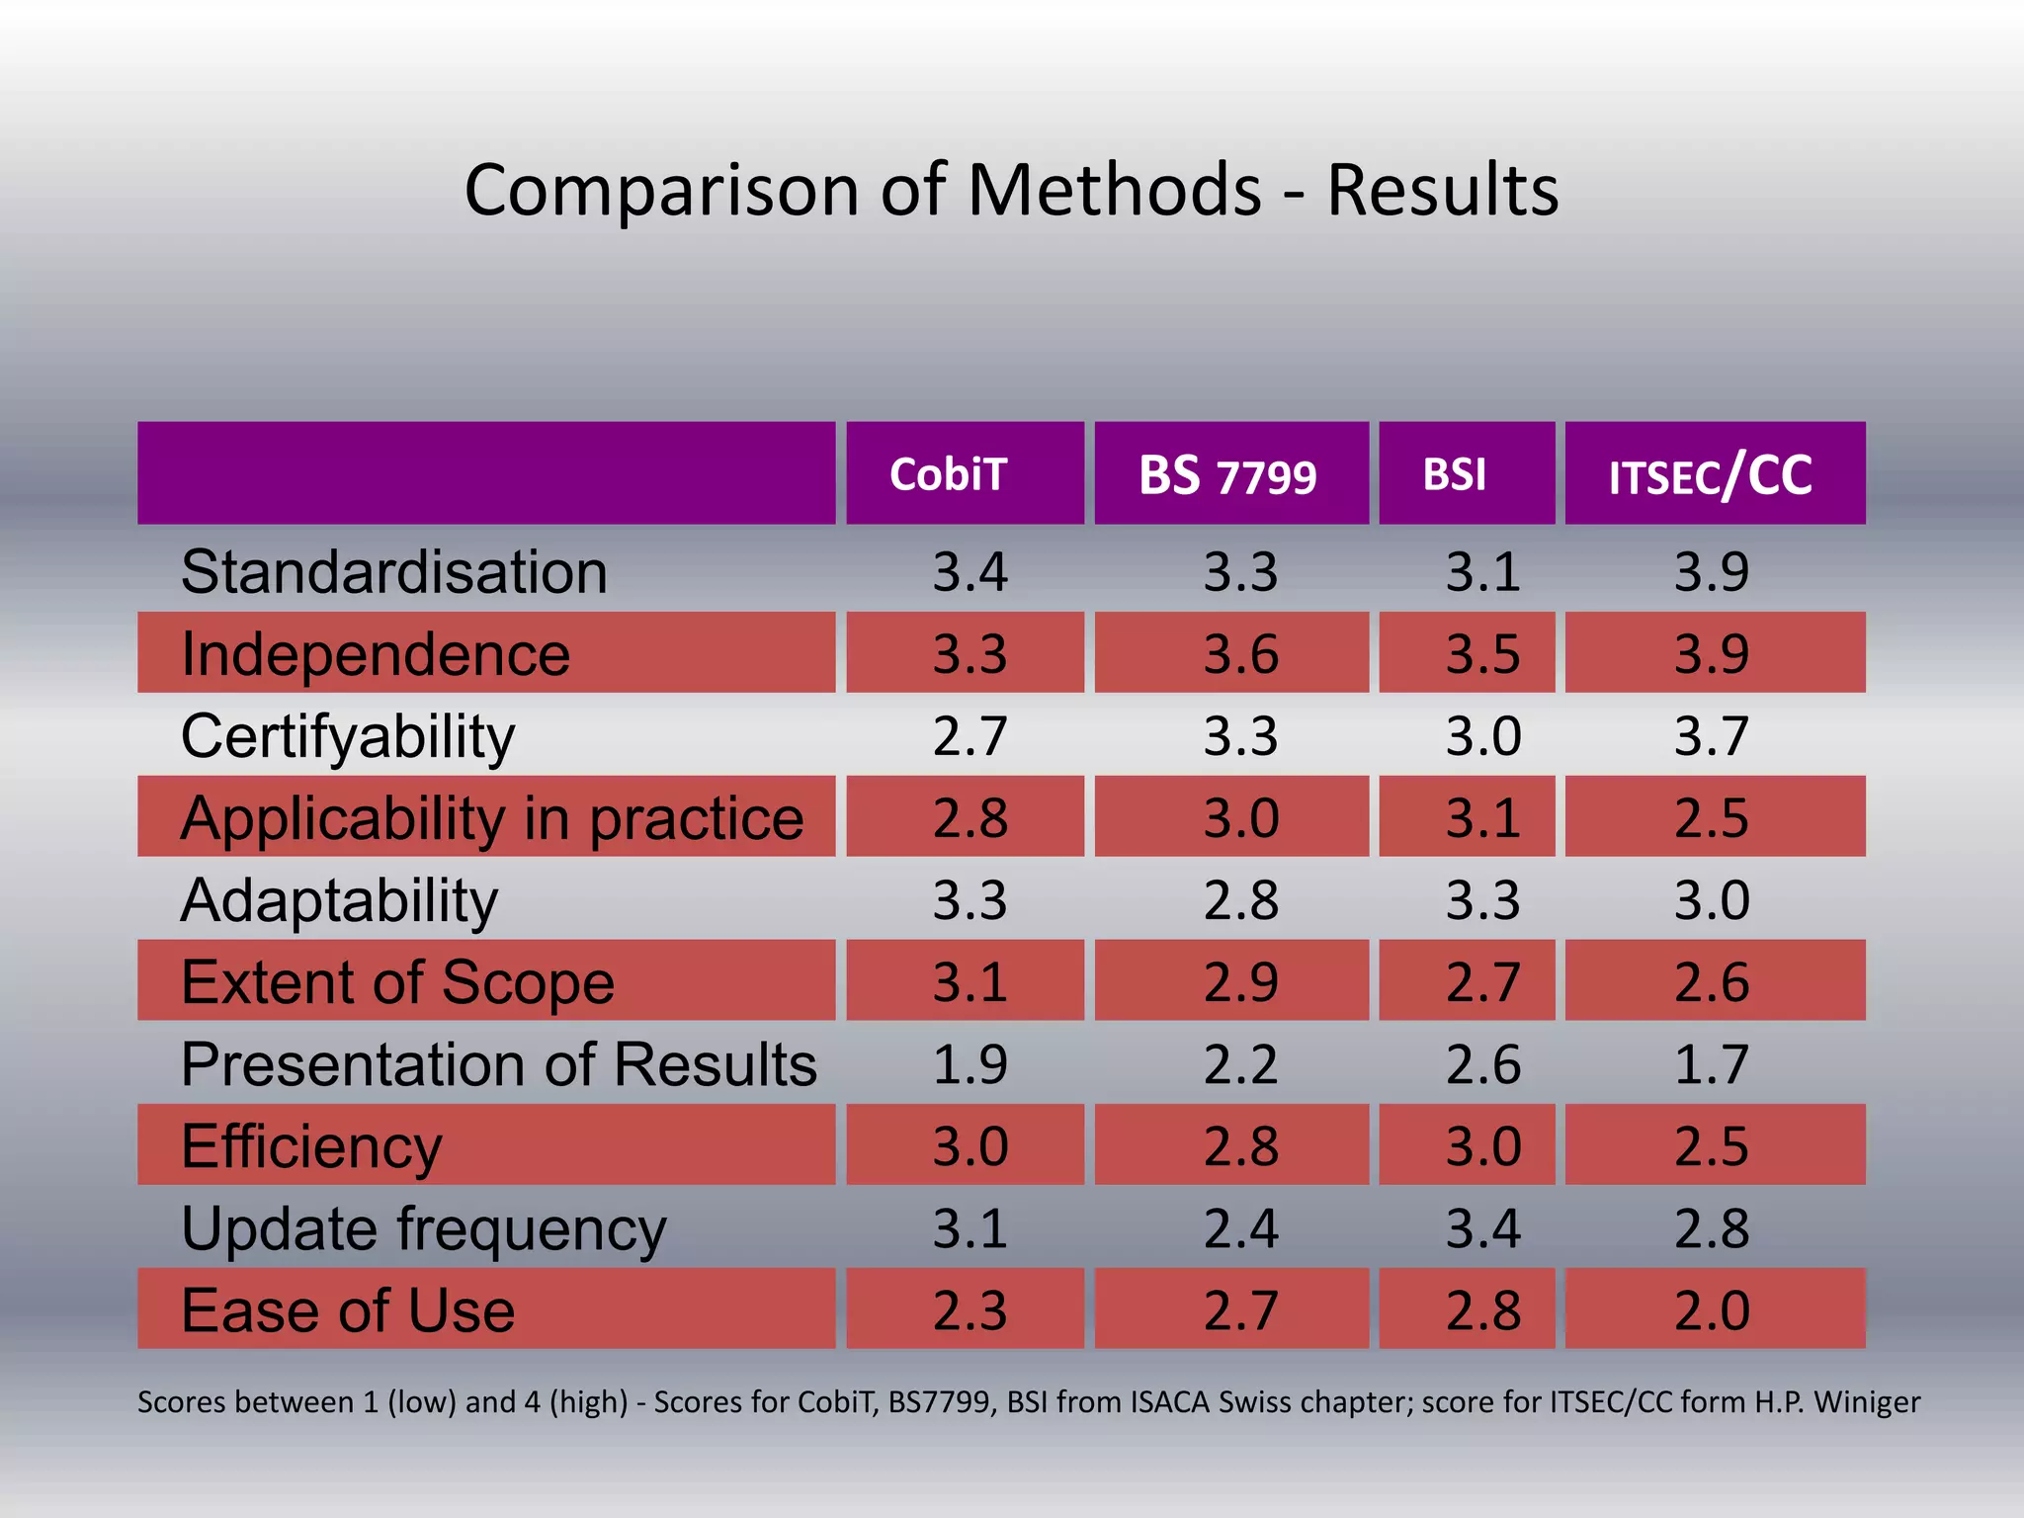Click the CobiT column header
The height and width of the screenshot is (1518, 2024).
(948, 474)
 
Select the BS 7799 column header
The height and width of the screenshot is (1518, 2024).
(1227, 475)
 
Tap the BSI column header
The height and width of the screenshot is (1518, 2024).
(1454, 474)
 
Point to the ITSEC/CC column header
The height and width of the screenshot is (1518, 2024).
(1710, 475)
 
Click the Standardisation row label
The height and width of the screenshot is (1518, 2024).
(393, 572)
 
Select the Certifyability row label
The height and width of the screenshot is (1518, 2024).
(348, 737)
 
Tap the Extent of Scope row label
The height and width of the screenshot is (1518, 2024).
(397, 982)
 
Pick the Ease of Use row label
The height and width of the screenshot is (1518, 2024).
(348, 1310)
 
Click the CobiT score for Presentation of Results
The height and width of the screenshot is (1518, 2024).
(970, 1065)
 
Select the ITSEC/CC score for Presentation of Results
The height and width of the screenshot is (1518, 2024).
(1711, 1065)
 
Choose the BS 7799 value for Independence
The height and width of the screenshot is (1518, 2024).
(1240, 654)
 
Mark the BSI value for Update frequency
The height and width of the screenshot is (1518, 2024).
(1482, 1228)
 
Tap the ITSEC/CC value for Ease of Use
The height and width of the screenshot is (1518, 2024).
(1711, 1310)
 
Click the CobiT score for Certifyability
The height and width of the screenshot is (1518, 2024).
(970, 737)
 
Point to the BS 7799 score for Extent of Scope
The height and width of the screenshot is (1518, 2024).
(1240, 982)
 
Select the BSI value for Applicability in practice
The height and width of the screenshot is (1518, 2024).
(1482, 818)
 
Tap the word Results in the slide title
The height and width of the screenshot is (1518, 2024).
(1442, 190)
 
